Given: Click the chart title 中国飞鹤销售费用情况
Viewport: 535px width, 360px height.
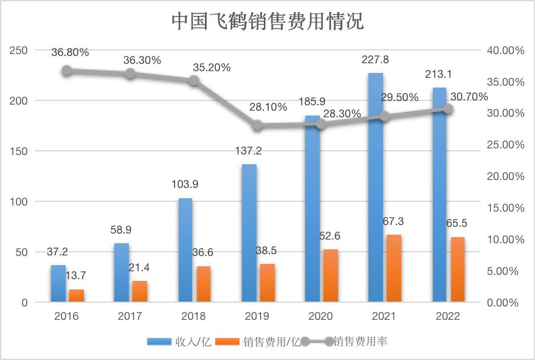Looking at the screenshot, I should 267,21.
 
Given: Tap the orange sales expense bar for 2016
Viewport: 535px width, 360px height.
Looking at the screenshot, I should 76,296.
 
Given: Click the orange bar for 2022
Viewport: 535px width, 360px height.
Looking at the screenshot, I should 457,269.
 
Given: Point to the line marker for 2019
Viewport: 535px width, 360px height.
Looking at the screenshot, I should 258,125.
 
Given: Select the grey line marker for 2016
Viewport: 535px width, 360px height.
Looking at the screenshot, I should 67,71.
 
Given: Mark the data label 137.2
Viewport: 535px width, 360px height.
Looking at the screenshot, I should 249,151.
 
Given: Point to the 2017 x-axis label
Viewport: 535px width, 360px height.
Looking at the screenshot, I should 129,316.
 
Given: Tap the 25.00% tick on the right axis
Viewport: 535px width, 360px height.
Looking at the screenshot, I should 505,145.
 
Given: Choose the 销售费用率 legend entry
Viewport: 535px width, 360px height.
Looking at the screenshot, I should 361,341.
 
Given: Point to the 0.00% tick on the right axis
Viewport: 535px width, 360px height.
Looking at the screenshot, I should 507,302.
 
